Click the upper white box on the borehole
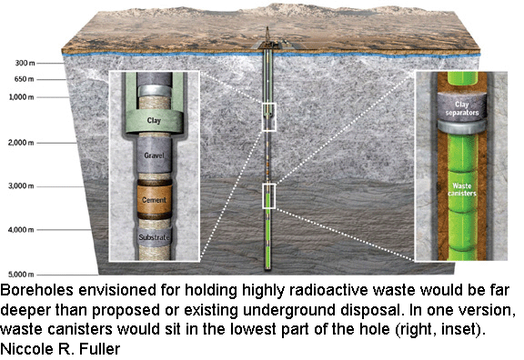point(267,116)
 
